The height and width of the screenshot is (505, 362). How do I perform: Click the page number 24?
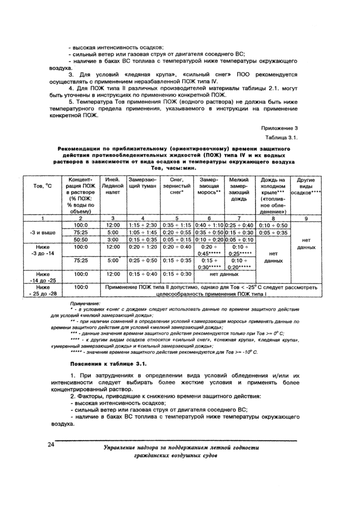click(51, 444)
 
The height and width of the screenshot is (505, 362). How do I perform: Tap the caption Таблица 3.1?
click(281, 138)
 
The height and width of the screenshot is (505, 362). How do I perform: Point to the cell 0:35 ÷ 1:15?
click(177, 225)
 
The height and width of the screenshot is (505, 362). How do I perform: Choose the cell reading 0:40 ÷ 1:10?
click(209, 225)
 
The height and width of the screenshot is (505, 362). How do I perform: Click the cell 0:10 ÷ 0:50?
click(273, 225)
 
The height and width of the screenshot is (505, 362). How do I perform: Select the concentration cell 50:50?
click(81, 240)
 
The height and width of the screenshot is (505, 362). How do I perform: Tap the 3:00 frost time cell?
click(112, 240)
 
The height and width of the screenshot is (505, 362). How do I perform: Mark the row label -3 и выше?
click(44, 233)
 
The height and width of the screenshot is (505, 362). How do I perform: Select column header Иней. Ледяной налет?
click(112, 186)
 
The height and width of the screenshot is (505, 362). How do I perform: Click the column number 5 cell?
click(177, 219)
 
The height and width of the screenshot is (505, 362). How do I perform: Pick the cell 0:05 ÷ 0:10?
click(239, 240)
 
